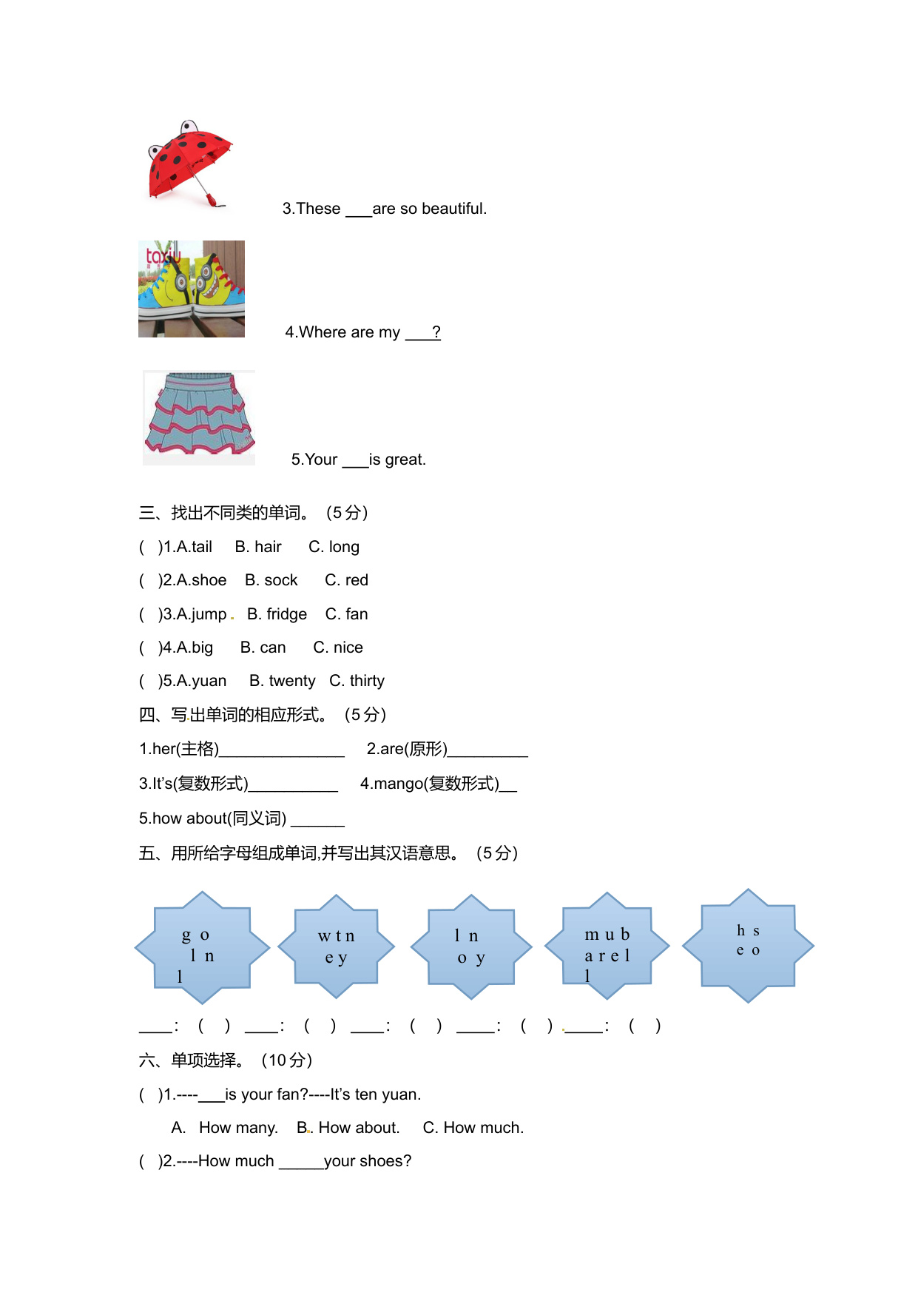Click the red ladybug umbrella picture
coord(189,164)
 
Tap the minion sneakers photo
coord(192,289)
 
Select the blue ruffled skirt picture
coord(199,417)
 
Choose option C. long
coord(334,547)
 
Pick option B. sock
coord(271,580)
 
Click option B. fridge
coord(277,614)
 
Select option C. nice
coord(338,648)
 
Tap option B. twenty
coord(283,681)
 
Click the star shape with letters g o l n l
coord(201,947)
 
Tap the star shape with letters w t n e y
coord(337,946)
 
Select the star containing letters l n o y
coord(471,947)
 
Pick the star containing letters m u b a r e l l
coord(607,946)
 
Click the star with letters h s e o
coord(748,945)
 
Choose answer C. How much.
coord(473,1128)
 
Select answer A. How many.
coord(225,1128)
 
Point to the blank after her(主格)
coord(282,750)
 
